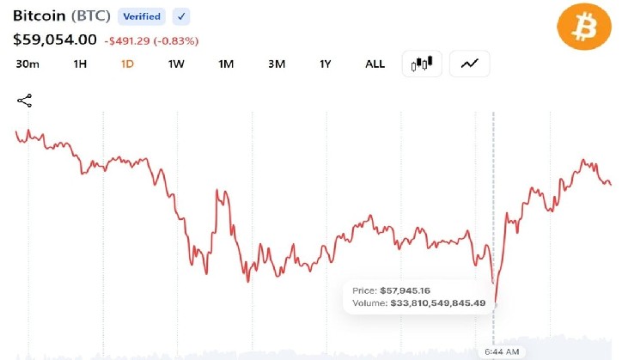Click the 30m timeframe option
pos(27,64)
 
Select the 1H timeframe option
pos(80,64)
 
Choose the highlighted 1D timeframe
pos(127,64)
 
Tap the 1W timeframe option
pos(176,64)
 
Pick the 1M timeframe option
pos(226,64)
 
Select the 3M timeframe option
pos(277,64)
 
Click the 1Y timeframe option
pos(326,64)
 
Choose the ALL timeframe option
pos(375,64)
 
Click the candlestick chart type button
pos(422,64)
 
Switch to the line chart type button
pos(469,64)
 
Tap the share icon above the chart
pos(25,101)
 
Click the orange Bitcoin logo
pos(584,27)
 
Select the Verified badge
pos(142,16)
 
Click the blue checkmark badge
pos(181,16)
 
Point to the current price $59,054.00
pos(55,40)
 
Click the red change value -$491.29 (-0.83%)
pos(151,41)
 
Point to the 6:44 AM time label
pos(502,351)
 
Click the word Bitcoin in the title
pos(40,16)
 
